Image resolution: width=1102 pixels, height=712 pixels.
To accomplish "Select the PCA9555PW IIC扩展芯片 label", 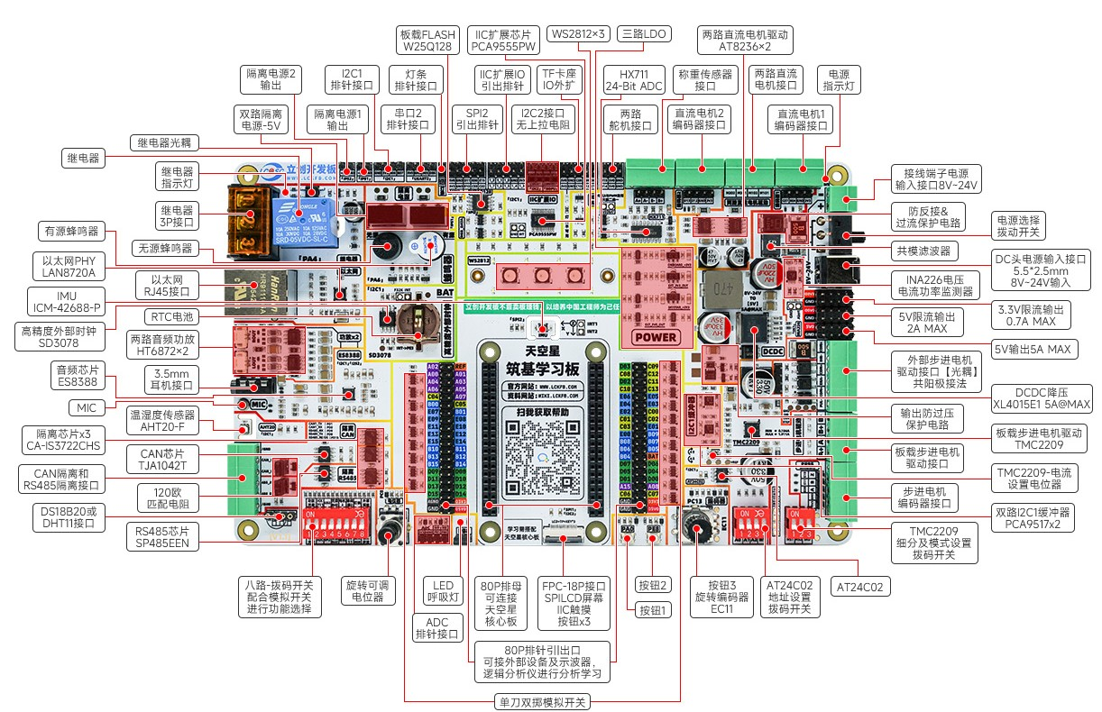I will click(505, 40).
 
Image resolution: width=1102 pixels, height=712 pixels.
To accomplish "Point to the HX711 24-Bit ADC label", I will click(634, 80).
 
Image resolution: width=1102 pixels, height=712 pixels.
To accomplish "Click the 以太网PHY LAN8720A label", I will click(69, 266).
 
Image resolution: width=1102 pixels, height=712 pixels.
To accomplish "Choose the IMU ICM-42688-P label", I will click(66, 300).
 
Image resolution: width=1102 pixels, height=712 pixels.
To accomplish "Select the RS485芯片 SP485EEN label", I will click(161, 537).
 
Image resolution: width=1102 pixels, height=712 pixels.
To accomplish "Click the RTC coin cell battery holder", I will click(418, 320).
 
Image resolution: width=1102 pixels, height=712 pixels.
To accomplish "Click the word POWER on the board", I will click(656, 337).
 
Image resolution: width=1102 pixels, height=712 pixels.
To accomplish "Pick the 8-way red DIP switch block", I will click(341, 520).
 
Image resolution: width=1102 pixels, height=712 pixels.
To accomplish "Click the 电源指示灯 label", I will click(838, 80).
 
